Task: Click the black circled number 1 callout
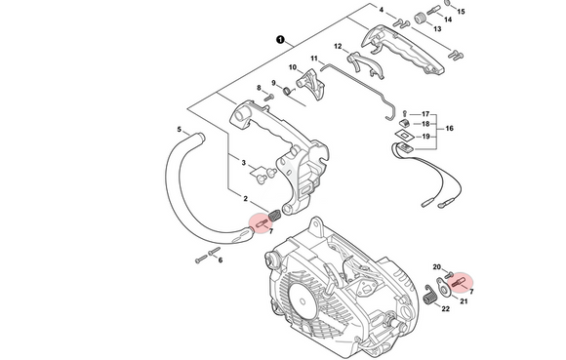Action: [280, 39]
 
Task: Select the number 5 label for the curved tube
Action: [180, 129]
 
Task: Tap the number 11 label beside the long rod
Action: [314, 59]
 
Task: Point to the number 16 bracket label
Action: [450, 129]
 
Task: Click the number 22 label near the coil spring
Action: [445, 308]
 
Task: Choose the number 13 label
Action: [437, 29]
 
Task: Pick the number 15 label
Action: [461, 12]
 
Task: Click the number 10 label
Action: [293, 67]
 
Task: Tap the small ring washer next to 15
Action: [447, 3]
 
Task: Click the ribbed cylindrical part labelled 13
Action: [419, 19]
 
